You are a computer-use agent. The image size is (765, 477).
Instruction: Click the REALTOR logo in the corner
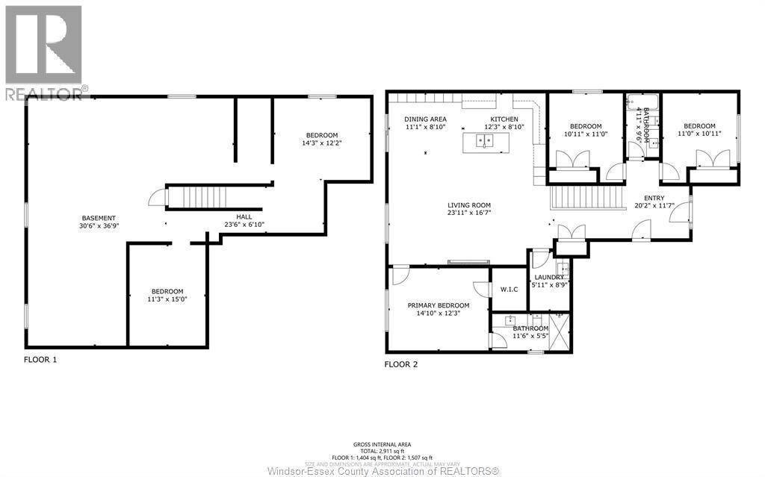(x=43, y=51)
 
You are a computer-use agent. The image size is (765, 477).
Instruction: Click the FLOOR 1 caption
(x=40, y=359)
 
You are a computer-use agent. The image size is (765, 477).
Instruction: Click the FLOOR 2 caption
(x=401, y=365)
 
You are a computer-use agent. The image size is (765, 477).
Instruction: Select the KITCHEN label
(x=504, y=119)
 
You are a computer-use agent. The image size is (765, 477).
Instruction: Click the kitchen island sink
(x=484, y=141)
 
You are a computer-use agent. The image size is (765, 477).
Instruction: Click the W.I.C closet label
(x=509, y=290)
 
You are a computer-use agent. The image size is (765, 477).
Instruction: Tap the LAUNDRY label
(x=548, y=277)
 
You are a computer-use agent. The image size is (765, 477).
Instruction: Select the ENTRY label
(x=643, y=198)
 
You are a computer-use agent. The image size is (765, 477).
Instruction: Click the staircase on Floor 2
(x=586, y=198)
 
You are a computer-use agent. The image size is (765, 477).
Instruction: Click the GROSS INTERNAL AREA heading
(x=382, y=444)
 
